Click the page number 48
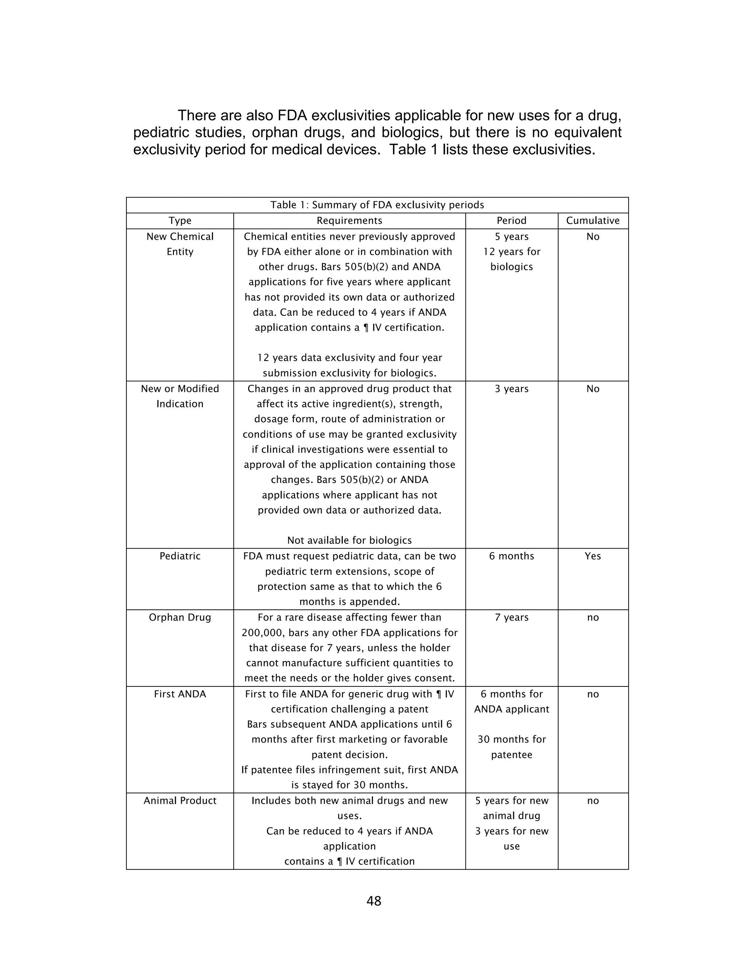373,901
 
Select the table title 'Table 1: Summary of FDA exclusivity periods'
377,205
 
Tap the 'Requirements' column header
349,220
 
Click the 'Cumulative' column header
593,220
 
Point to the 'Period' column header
511,220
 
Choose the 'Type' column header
180,220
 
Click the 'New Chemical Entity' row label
180,244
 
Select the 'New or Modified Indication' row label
180,396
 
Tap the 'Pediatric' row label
180,556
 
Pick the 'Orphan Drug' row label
180,617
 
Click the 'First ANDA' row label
180,694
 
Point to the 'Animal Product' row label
180,800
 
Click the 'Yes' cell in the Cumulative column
593,556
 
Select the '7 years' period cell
511,617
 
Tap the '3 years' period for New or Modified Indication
511,389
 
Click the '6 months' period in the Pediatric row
511,556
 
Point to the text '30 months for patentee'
511,747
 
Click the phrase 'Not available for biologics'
349,540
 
